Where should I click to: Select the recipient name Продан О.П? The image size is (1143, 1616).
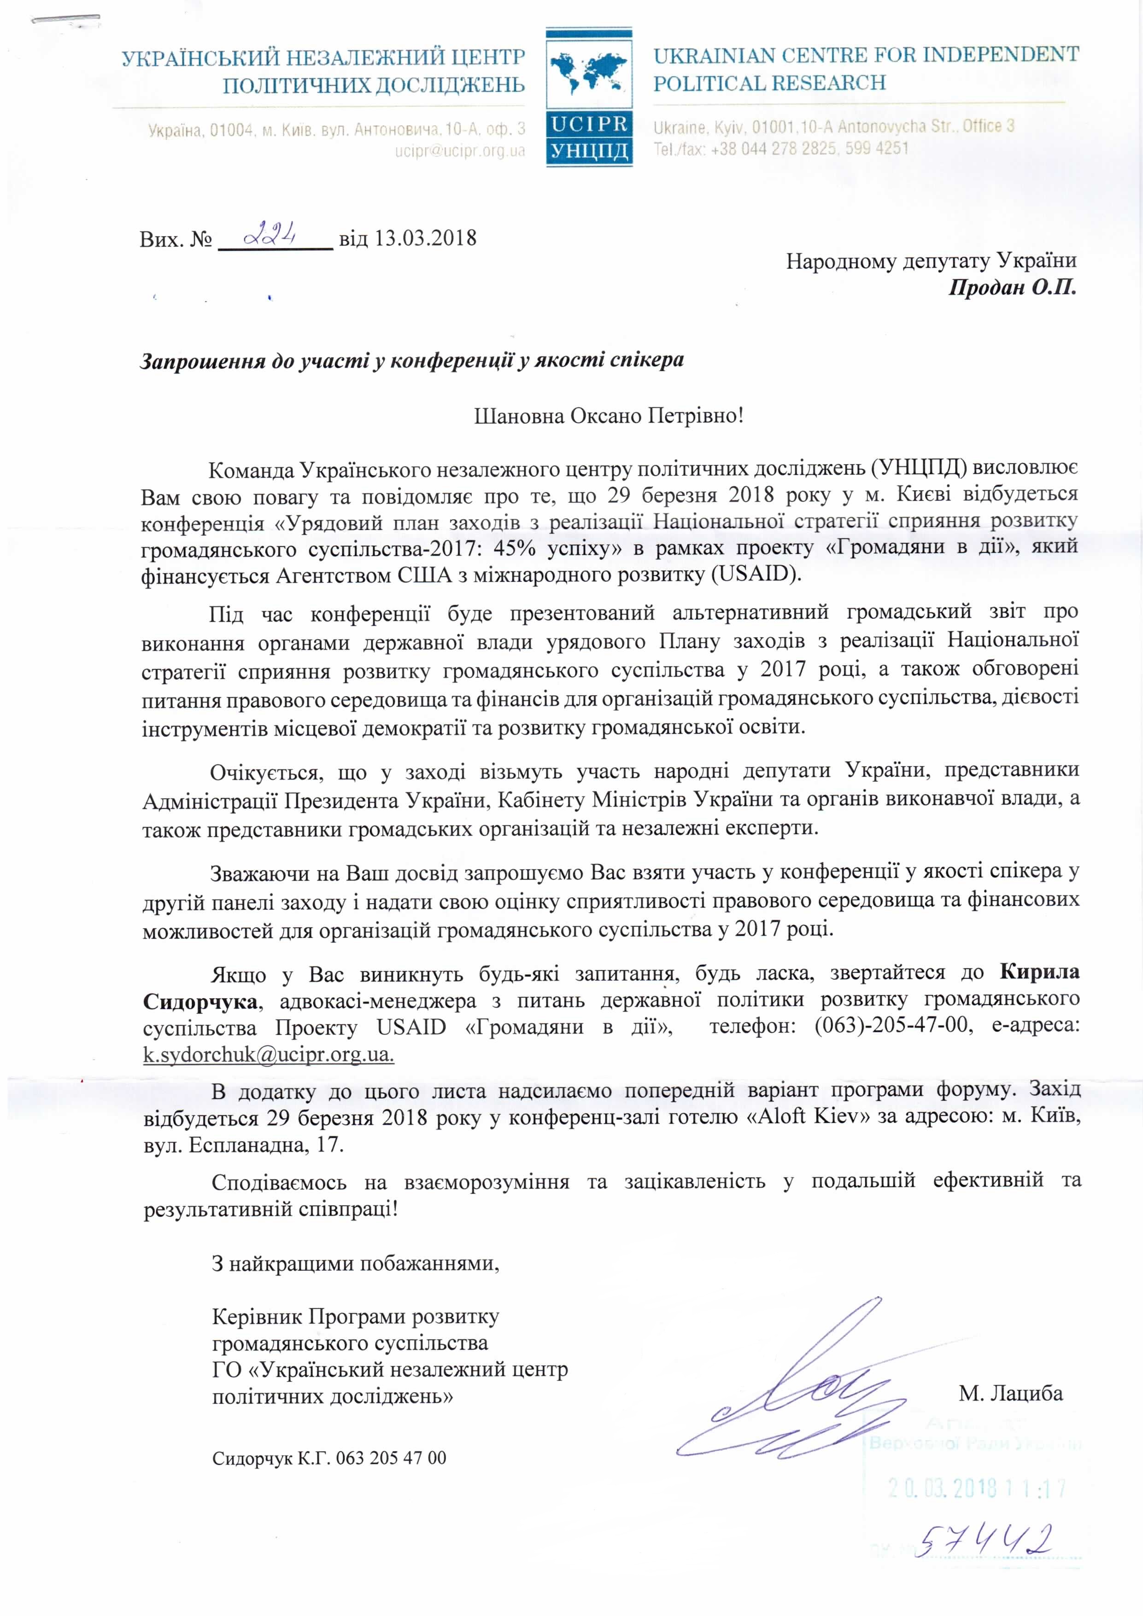tap(1012, 288)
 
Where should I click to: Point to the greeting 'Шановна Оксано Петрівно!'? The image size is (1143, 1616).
tap(609, 415)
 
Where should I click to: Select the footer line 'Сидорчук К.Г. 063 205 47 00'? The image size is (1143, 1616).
tap(329, 1458)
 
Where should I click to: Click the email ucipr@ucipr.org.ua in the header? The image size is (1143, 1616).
tap(459, 151)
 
